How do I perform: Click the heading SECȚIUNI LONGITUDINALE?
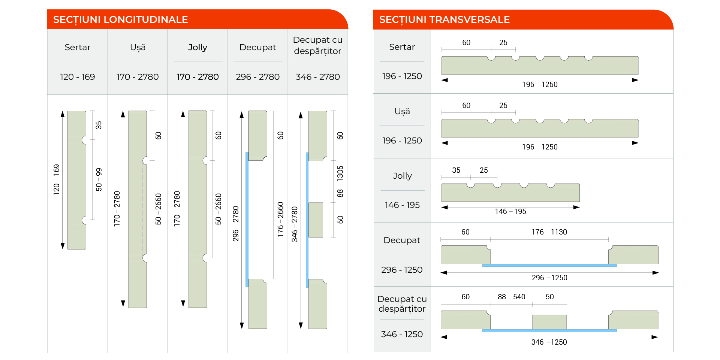pyautogui.click(x=120, y=19)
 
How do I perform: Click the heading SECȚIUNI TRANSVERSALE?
pyautogui.click(x=444, y=19)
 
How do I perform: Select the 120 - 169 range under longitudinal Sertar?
pyautogui.click(x=78, y=77)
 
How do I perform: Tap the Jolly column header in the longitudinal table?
pyautogui.click(x=198, y=47)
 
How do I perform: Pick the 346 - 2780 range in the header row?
pyautogui.click(x=318, y=77)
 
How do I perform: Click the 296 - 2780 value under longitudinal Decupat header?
pyautogui.click(x=258, y=77)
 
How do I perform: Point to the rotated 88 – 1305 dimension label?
pyautogui.click(x=340, y=182)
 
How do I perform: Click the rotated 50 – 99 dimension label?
pyautogui.click(x=99, y=179)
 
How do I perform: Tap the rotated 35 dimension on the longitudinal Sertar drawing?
pyautogui.click(x=99, y=125)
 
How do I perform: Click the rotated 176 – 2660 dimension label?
pyautogui.click(x=280, y=220)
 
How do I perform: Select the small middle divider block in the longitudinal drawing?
pyautogui.click(x=316, y=220)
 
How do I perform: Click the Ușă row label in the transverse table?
pyautogui.click(x=402, y=112)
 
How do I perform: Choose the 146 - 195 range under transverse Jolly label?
pyautogui.click(x=402, y=205)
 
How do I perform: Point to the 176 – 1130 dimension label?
pyautogui.click(x=549, y=232)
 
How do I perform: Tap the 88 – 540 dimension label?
pyautogui.click(x=512, y=297)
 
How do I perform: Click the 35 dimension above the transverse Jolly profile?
pyautogui.click(x=456, y=170)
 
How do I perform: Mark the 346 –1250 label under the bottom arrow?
pyautogui.click(x=549, y=342)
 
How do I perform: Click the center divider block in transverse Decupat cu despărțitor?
pyautogui.click(x=549, y=322)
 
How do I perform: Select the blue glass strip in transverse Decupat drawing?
pyautogui.click(x=549, y=265)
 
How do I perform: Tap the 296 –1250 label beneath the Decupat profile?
pyautogui.click(x=549, y=278)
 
